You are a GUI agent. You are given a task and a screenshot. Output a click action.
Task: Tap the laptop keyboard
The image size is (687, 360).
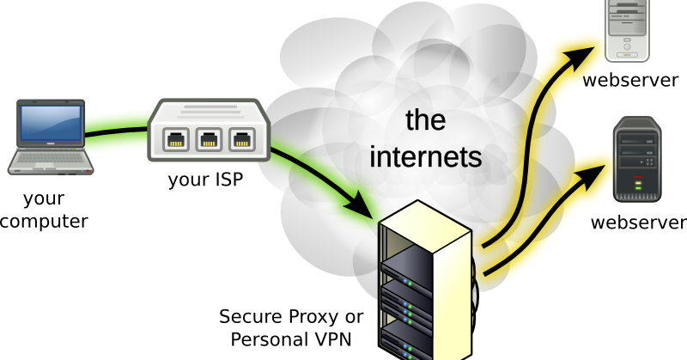click(x=51, y=157)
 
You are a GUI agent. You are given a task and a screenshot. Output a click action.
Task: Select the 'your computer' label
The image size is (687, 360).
click(x=44, y=210)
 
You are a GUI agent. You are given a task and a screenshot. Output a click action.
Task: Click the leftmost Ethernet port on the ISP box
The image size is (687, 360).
click(x=176, y=140)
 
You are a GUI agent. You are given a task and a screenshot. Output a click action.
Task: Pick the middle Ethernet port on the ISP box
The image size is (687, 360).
click(x=209, y=140)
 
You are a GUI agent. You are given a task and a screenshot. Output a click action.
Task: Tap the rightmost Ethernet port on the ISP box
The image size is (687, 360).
click(x=242, y=140)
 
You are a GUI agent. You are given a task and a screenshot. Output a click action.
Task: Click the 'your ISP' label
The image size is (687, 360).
click(x=205, y=180)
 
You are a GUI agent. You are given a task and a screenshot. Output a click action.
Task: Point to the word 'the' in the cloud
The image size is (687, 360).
click(x=425, y=119)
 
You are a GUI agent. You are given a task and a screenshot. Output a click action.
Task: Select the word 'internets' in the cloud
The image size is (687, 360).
click(x=425, y=156)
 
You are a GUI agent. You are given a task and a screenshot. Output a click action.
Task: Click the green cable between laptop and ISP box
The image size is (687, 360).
click(x=116, y=131)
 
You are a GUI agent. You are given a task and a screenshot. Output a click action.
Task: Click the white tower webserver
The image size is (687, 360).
click(x=627, y=31)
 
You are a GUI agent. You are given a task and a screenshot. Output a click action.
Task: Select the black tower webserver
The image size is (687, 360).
click(x=637, y=160)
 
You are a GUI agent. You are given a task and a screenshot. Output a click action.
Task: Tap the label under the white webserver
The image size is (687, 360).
click(x=630, y=80)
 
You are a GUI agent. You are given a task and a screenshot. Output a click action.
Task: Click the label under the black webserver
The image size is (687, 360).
click(x=639, y=223)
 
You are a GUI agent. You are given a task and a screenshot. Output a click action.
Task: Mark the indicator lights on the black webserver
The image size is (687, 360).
click(x=638, y=182)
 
